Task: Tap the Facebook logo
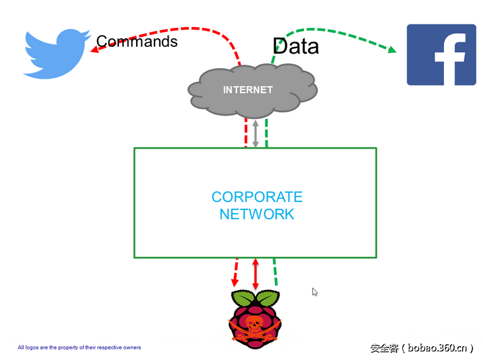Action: click(x=441, y=55)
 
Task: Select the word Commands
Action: click(x=137, y=42)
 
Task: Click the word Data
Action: click(x=295, y=46)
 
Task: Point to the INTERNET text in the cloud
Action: click(x=248, y=90)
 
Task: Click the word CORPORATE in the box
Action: click(x=257, y=197)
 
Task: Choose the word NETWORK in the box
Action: click(x=257, y=214)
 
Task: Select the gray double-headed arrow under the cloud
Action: click(x=256, y=134)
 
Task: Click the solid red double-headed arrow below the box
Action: click(x=256, y=273)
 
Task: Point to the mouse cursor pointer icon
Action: click(x=315, y=291)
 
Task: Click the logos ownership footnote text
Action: click(x=79, y=347)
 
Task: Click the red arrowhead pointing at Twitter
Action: click(x=95, y=48)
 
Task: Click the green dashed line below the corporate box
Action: click(x=275, y=272)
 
